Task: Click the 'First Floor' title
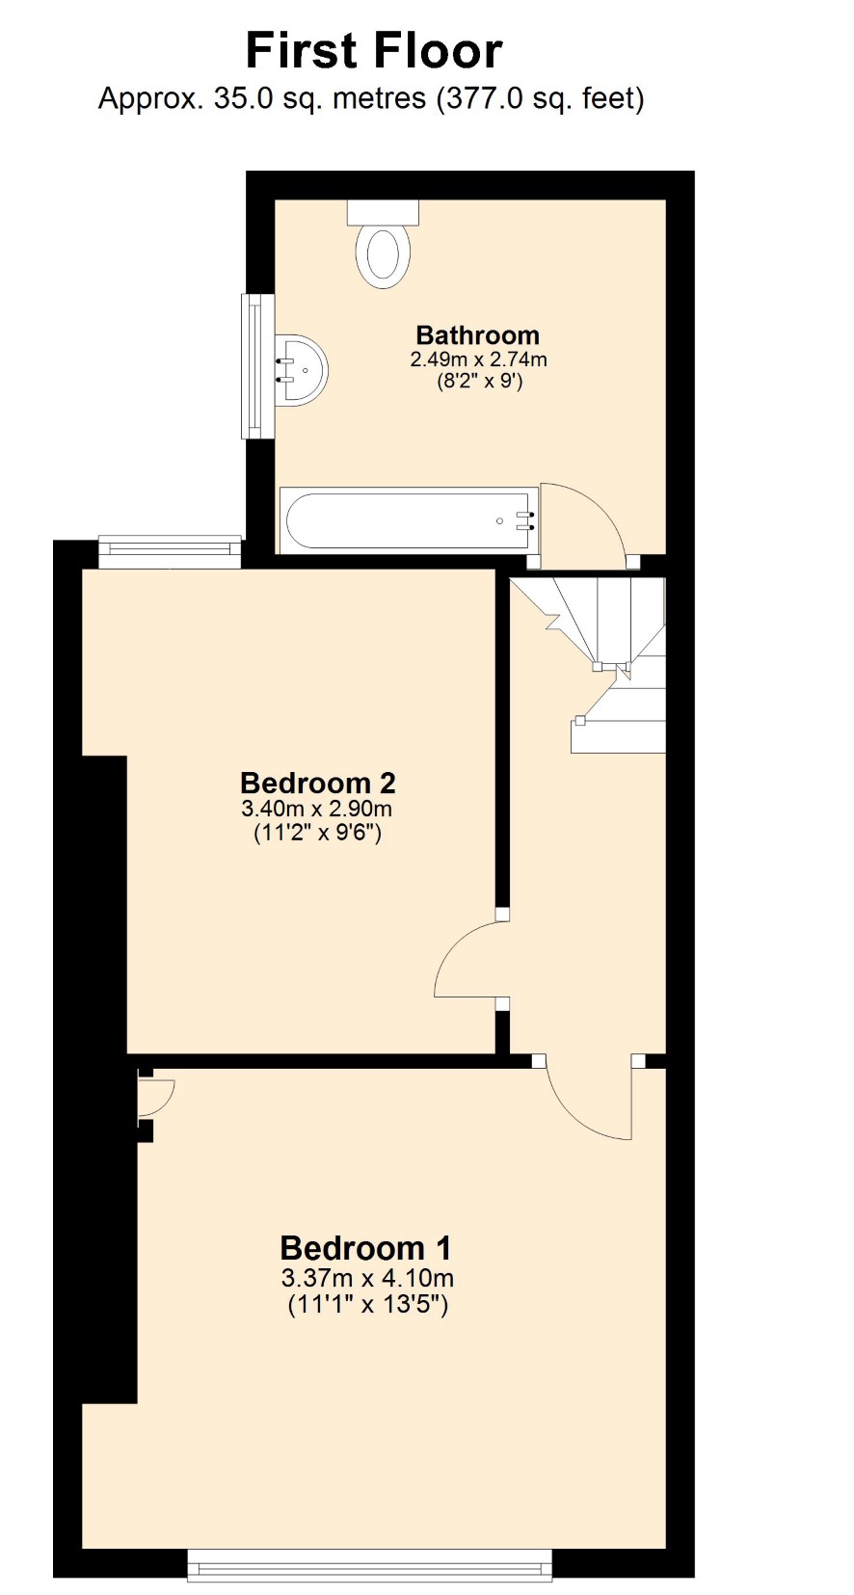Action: pos(374,51)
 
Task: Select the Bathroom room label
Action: pos(478,334)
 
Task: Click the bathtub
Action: pos(409,519)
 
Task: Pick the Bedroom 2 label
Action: pos(318,783)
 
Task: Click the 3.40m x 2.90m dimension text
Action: pos(317,809)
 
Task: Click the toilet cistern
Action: pos(384,211)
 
